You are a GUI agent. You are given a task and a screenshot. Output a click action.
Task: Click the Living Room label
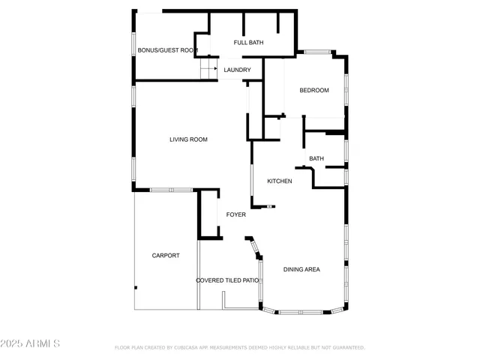(188, 139)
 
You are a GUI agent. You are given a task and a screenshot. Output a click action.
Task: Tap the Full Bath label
(248, 43)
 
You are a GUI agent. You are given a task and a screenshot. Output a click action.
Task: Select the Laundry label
(238, 70)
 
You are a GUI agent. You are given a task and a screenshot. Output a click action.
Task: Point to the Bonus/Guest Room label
(167, 51)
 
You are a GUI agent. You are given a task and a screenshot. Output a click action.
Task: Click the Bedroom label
(314, 91)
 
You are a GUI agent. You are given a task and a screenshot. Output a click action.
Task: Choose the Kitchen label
(280, 181)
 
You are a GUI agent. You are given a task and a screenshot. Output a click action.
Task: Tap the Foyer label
(236, 214)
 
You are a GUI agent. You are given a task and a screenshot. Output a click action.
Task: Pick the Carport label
(166, 256)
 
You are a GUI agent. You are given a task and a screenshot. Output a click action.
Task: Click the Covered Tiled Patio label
(228, 280)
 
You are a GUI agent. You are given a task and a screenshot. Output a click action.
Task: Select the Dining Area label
(302, 269)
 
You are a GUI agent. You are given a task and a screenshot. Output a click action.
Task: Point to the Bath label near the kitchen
(316, 158)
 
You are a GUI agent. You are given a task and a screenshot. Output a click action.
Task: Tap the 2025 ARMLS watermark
(31, 343)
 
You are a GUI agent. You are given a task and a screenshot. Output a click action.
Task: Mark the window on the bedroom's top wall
(319, 52)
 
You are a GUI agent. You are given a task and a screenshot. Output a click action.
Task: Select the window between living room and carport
(172, 190)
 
